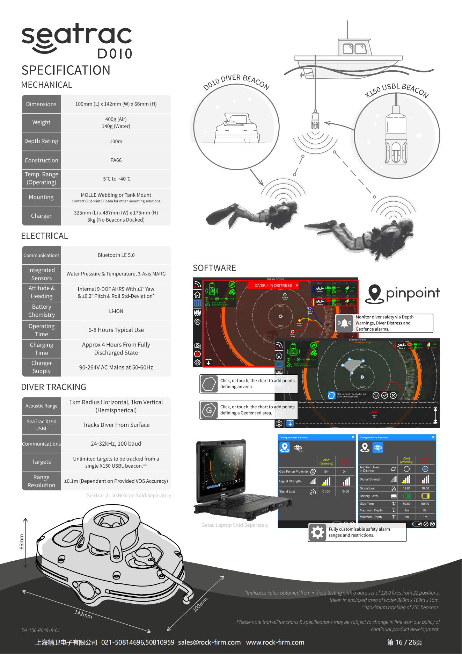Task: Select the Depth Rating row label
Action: click(x=41, y=141)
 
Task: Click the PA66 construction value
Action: click(x=116, y=160)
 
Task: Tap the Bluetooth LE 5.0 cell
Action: click(x=116, y=255)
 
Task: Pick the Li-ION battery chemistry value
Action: click(x=116, y=311)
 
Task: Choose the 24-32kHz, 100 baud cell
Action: click(x=116, y=444)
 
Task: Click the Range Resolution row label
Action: click(x=41, y=481)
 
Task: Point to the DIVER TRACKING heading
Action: click(x=53, y=387)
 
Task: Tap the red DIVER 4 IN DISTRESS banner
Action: click(x=273, y=286)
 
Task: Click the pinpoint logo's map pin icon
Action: click(x=374, y=294)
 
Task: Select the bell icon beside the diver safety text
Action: click(x=345, y=323)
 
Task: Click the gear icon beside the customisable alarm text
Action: click(x=317, y=532)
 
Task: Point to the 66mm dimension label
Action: click(x=21, y=541)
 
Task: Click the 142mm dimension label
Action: click(x=83, y=614)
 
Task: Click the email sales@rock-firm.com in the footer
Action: click(x=209, y=642)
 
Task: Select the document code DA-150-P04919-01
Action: click(x=41, y=631)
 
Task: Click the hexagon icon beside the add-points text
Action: click(x=209, y=384)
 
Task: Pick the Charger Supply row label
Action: click(x=41, y=367)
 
